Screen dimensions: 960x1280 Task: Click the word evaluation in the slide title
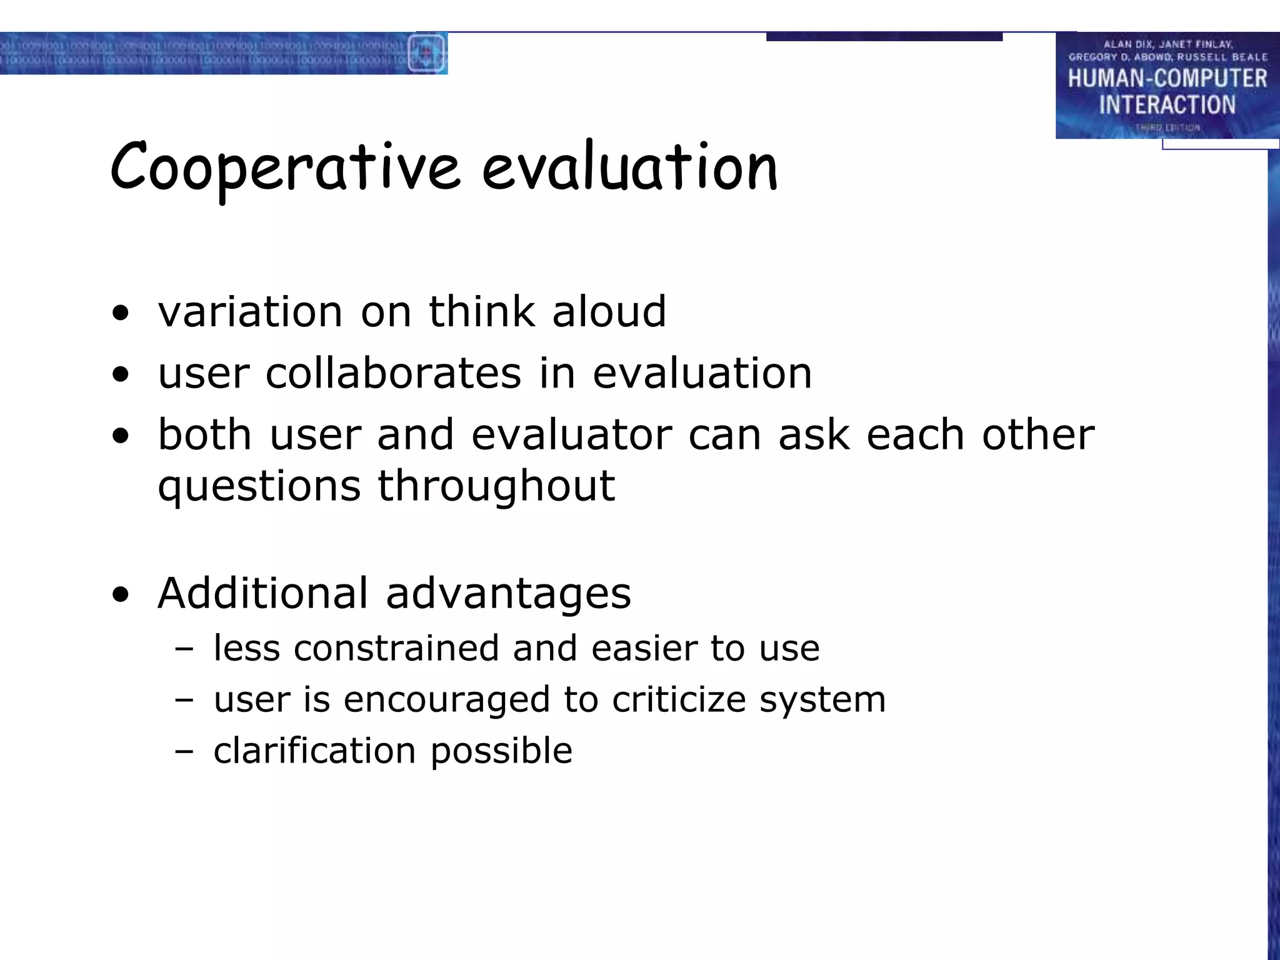630,167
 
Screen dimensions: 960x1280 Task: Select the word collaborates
393,374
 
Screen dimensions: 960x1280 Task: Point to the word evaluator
571,434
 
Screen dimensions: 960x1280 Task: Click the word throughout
496,486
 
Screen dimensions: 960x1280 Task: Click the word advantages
508,594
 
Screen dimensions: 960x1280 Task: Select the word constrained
396,648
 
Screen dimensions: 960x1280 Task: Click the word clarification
314,750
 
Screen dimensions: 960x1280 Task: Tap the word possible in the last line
501,751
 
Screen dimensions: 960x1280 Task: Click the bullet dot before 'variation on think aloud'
121,313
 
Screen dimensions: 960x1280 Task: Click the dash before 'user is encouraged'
184,700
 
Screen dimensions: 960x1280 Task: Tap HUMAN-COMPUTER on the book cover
1167,79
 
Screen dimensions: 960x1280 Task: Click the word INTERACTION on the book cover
1167,105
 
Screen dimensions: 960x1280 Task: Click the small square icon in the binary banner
426,53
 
